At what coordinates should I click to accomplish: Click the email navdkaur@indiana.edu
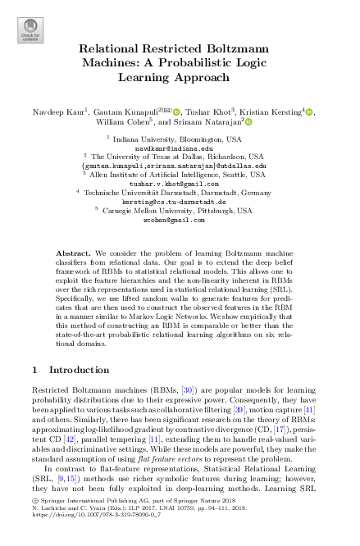pyautogui.click(x=179, y=148)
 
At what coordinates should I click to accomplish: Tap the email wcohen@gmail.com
pyautogui.click(x=179, y=220)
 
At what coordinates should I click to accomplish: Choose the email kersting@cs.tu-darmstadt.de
pyautogui.click(x=179, y=202)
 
